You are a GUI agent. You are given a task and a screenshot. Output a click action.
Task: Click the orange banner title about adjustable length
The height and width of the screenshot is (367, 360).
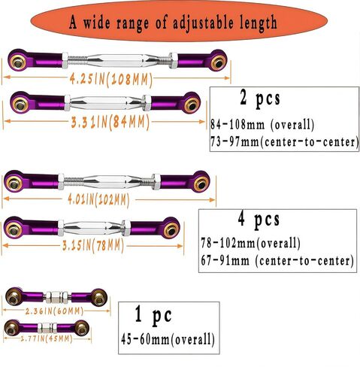click(x=173, y=23)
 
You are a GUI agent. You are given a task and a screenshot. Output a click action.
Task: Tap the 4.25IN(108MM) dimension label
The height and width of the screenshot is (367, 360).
click(x=111, y=80)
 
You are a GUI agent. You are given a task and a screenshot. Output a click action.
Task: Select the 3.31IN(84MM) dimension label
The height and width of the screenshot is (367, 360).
click(x=110, y=123)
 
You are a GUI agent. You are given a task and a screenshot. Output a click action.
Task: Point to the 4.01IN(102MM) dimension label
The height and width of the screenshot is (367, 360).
click(x=98, y=200)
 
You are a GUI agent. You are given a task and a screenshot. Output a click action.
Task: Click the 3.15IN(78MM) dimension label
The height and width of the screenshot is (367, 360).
click(x=93, y=246)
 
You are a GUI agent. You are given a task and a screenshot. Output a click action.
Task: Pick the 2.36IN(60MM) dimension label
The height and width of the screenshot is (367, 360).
click(x=54, y=311)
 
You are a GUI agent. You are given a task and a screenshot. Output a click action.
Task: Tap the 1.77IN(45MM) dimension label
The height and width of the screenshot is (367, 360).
click(x=47, y=339)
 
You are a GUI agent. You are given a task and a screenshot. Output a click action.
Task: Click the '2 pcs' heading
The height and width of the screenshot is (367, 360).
click(x=260, y=99)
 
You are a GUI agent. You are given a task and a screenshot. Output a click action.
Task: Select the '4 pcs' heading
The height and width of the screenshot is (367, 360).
click(x=259, y=220)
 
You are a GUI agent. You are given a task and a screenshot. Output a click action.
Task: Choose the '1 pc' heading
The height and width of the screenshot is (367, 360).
click(x=153, y=314)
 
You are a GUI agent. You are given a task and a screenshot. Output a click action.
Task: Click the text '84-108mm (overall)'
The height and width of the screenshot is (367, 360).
click(x=262, y=125)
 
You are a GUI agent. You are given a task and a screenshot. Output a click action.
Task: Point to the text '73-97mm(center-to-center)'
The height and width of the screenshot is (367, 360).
click(x=285, y=142)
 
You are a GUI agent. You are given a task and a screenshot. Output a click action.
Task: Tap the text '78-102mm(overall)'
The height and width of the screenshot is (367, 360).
click(x=251, y=243)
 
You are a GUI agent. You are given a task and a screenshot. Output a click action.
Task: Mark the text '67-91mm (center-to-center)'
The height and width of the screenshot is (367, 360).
click(x=277, y=260)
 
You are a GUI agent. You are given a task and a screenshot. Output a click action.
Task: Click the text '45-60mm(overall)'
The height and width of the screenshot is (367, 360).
click(x=168, y=340)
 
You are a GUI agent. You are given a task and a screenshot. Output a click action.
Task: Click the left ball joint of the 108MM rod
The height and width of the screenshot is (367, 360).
click(x=18, y=60)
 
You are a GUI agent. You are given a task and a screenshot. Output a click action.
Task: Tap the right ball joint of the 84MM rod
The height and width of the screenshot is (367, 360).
click(x=192, y=103)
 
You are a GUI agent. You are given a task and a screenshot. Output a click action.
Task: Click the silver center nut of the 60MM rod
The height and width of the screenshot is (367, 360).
click(x=57, y=297)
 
